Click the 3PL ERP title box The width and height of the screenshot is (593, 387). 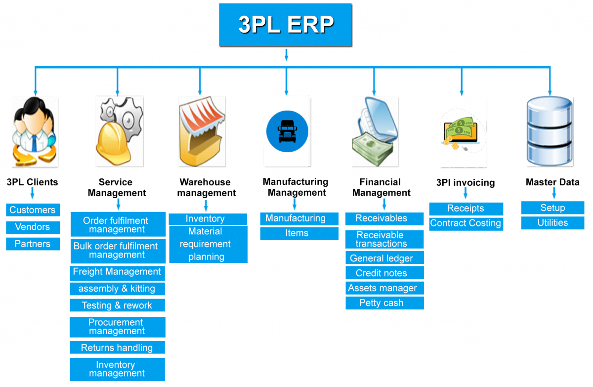286,25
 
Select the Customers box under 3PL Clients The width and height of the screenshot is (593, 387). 33,210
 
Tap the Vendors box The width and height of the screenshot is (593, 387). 33,227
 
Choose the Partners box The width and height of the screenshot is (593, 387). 33,244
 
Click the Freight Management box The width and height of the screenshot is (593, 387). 117,272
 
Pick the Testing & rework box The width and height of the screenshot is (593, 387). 117,305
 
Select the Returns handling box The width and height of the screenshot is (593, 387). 117,348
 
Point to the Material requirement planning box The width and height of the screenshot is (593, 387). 208,244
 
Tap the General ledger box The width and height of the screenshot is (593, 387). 384,258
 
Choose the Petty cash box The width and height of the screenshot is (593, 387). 384,303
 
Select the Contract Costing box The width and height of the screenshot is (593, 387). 466,223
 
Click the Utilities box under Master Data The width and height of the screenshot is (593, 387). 552,223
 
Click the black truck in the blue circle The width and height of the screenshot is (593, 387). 287,131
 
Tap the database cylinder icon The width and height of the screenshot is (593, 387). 550,132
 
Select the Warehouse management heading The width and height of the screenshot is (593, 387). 207,188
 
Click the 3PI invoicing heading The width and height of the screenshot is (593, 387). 466,183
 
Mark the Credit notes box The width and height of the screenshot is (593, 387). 384,273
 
